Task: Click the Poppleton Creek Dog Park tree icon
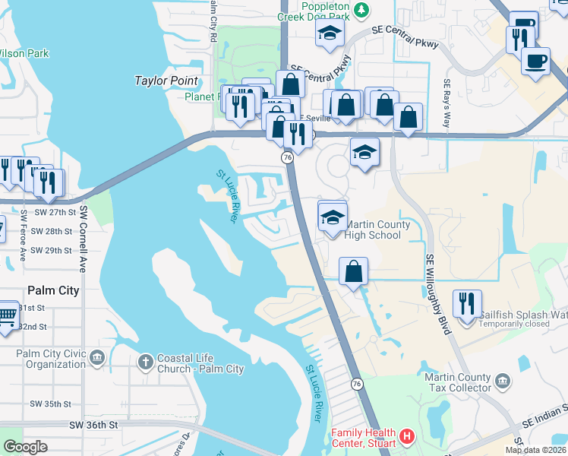tap(362, 9)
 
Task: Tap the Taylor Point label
tap(166, 81)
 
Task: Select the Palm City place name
tap(53, 290)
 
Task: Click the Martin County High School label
tap(378, 230)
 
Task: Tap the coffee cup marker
tap(536, 61)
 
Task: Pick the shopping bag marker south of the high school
tap(354, 271)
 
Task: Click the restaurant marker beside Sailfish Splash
tap(467, 304)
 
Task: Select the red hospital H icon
tap(407, 436)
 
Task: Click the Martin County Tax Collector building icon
tap(502, 380)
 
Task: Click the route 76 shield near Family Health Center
tap(357, 385)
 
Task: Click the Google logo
tap(25, 446)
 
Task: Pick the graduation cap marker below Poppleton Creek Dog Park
tap(330, 33)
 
